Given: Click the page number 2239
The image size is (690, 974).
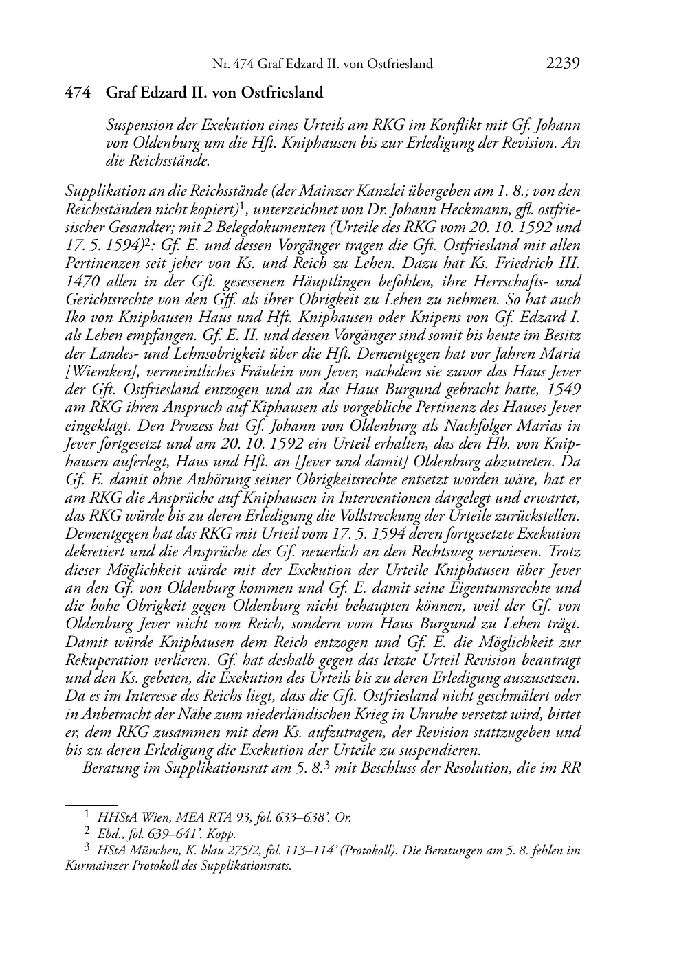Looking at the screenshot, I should pos(564,63).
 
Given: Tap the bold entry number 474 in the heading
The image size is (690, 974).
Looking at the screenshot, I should pos(78,93).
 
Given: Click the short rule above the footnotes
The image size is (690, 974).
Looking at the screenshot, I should pos(90,802).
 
